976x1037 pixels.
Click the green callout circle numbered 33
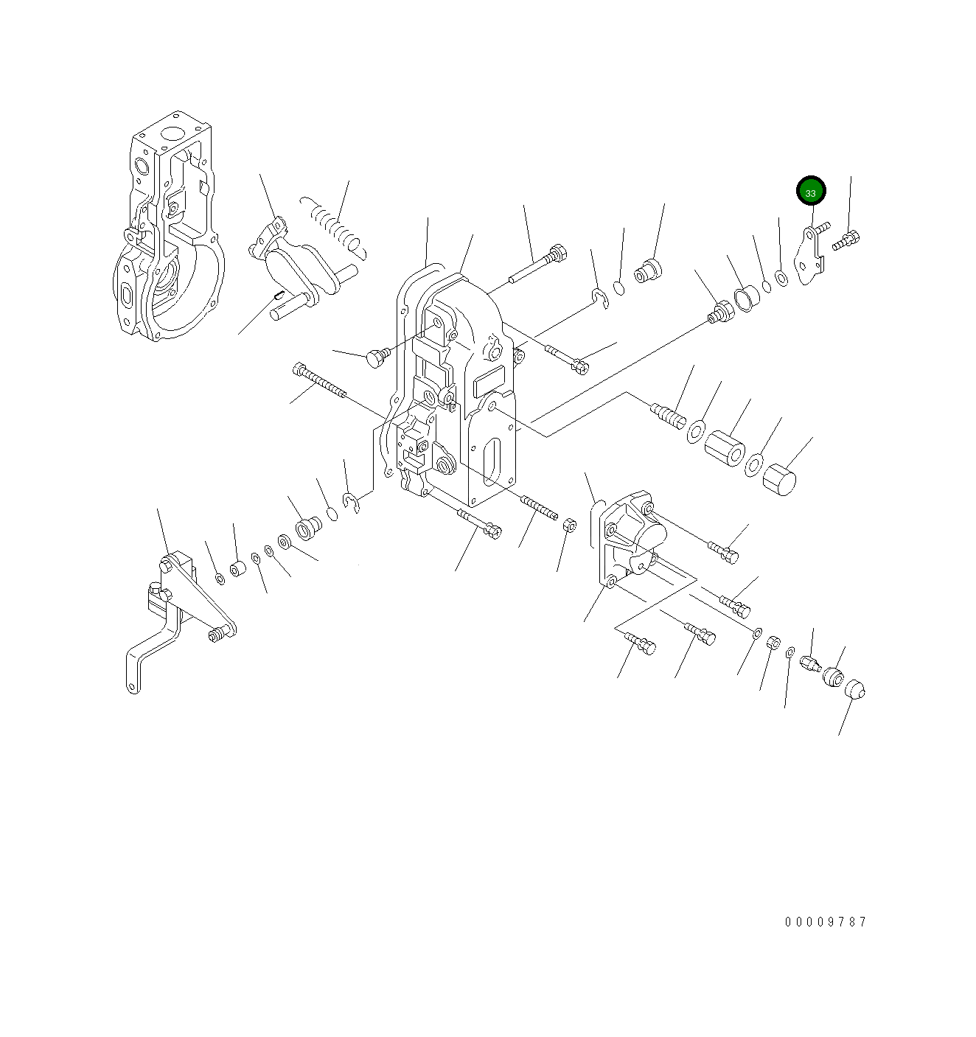810,191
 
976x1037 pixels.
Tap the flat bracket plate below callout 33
809,256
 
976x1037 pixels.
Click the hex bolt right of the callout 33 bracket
846,240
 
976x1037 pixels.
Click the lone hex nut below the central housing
570,525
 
